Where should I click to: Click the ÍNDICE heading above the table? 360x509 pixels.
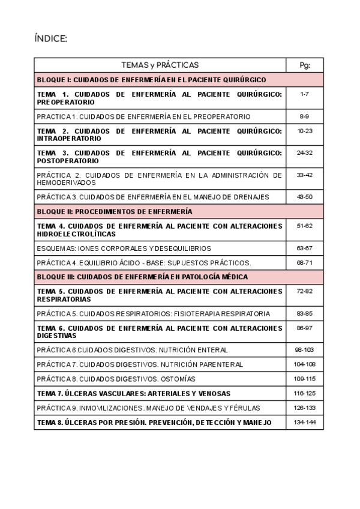(x=51, y=39)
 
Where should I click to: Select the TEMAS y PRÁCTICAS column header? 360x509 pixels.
(x=160, y=65)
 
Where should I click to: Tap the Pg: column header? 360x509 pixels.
(x=304, y=65)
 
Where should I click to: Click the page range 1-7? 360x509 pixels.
(x=304, y=94)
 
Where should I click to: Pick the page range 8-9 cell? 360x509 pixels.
(x=304, y=116)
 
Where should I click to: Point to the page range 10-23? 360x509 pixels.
(x=304, y=131)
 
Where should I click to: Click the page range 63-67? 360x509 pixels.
(x=304, y=248)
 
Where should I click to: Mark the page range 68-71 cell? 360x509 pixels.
(x=304, y=263)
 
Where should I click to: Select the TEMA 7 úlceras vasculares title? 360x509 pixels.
(x=133, y=394)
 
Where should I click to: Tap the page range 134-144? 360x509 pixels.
(x=304, y=423)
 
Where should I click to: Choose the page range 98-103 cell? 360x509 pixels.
(x=304, y=349)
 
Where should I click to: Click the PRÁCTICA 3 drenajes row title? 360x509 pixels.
(x=152, y=197)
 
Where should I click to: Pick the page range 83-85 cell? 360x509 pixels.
(x=304, y=313)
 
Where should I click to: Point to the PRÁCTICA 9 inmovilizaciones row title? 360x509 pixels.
(x=148, y=408)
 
